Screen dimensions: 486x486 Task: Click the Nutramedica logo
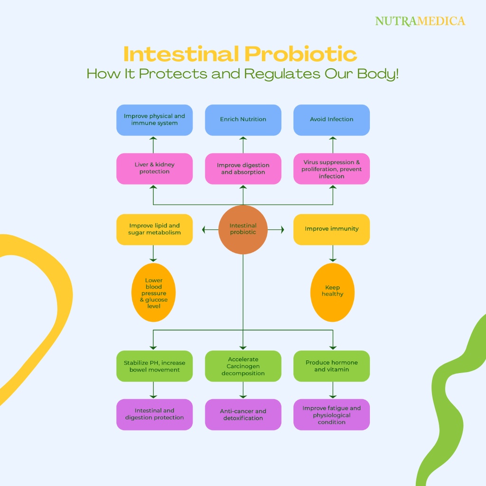coord(420,21)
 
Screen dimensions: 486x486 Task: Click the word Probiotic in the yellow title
coord(301,54)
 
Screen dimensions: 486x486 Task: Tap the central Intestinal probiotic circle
coord(243,229)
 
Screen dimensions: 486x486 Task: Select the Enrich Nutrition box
coord(243,120)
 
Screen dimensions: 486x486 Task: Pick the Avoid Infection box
coord(331,120)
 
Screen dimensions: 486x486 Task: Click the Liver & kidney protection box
coord(154,168)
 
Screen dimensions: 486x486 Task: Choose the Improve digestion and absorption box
coord(243,168)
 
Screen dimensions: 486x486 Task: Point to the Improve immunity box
coord(331,229)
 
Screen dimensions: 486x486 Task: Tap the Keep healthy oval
coord(332,291)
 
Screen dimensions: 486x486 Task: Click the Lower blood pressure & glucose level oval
coord(153,293)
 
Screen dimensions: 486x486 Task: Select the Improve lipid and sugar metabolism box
coord(154,229)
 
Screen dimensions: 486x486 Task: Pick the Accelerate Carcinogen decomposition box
coord(243,366)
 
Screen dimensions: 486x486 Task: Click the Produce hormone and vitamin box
coord(331,366)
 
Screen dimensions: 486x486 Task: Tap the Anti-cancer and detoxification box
coord(243,414)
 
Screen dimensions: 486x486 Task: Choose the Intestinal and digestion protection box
coord(154,414)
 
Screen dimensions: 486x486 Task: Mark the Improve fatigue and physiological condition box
coord(331,414)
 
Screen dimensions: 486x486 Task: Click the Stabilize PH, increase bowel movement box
coord(154,366)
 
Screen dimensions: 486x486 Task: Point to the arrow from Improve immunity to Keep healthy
coord(332,253)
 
